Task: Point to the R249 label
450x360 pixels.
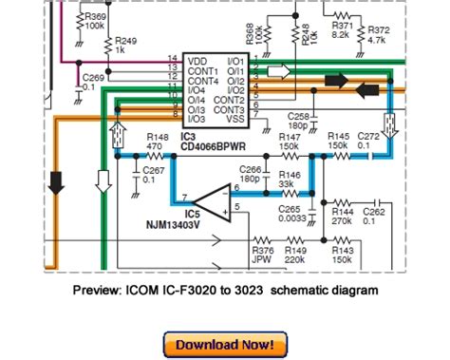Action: pos(126,41)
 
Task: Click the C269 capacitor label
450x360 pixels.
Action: pos(94,76)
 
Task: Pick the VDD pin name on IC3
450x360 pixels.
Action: pos(196,60)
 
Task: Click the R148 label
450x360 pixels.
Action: pos(148,138)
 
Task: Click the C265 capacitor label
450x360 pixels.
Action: pos(291,210)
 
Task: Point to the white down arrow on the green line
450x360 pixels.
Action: pos(103,180)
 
